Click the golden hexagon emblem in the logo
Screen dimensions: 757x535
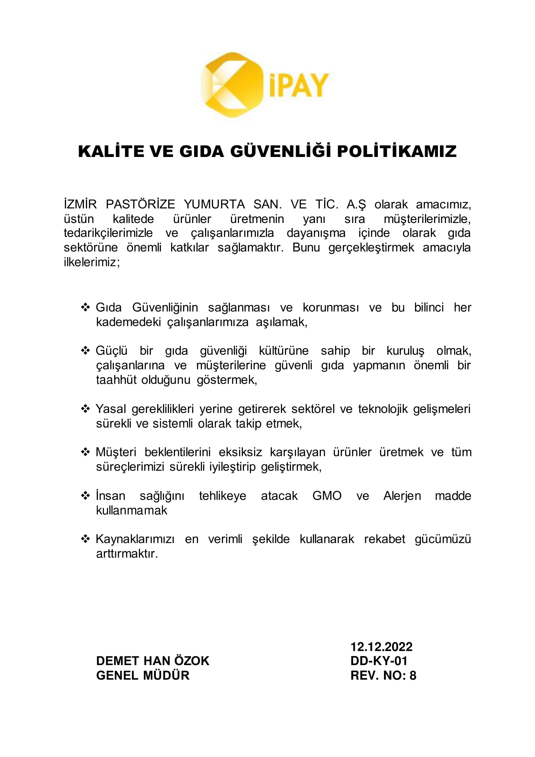click(x=232, y=85)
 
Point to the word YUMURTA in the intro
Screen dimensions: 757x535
click(x=214, y=205)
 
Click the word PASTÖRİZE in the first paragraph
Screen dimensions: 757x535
click(x=140, y=205)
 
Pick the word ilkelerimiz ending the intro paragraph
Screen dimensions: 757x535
click(x=92, y=262)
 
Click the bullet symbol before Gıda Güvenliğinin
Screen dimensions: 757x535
click(x=85, y=307)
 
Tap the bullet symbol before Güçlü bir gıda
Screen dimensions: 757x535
click(x=85, y=351)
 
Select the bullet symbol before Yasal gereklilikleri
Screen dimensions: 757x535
click(x=85, y=409)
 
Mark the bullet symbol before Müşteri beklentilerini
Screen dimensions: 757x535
click(x=85, y=452)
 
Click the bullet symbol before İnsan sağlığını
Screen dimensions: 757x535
click(x=85, y=496)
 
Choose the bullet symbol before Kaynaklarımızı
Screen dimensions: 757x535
click(x=85, y=539)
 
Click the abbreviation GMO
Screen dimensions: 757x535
click(x=327, y=496)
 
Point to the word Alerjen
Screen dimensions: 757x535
click(x=402, y=496)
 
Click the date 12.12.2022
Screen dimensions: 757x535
click(x=381, y=647)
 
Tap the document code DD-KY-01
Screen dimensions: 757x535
click(x=379, y=661)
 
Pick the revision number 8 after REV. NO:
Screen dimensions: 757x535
click(x=413, y=675)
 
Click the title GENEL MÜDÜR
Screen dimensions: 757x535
click(x=143, y=675)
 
